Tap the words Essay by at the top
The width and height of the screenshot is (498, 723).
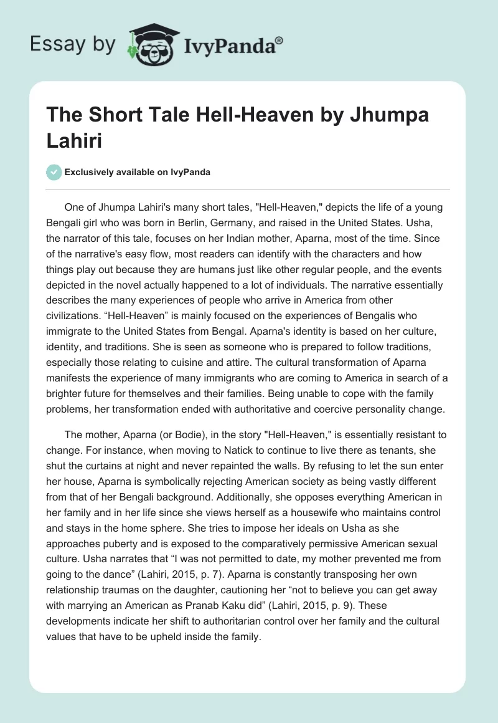(x=72, y=44)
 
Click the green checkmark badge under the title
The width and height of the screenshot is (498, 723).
(x=55, y=172)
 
